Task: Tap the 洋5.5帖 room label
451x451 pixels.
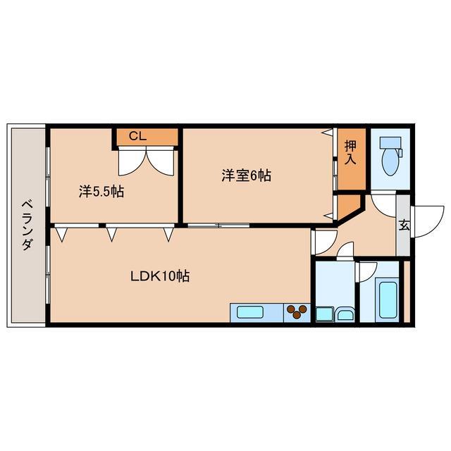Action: coord(100,191)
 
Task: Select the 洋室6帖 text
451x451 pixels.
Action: coord(246,176)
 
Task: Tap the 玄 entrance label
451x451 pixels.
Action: coord(404,225)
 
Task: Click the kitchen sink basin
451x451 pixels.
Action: coord(252,312)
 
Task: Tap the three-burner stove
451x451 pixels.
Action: coord(296,311)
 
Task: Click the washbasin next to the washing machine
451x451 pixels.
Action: coord(345,314)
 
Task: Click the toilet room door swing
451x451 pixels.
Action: coord(383,204)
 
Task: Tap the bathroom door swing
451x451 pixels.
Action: coord(369,272)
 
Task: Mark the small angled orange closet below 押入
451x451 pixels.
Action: coord(347,206)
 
